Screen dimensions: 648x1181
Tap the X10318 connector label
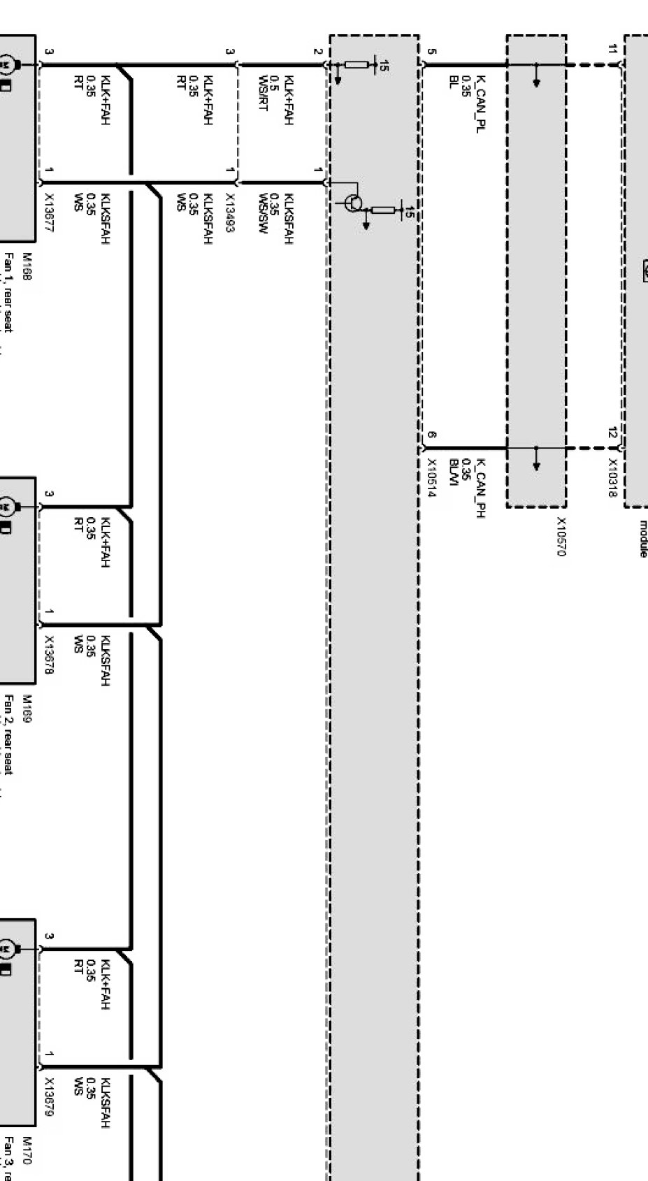pyautogui.click(x=612, y=477)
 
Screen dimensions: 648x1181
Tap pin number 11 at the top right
pyautogui.click(x=612, y=49)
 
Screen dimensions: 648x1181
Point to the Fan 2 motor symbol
pyautogui.click(x=8, y=505)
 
